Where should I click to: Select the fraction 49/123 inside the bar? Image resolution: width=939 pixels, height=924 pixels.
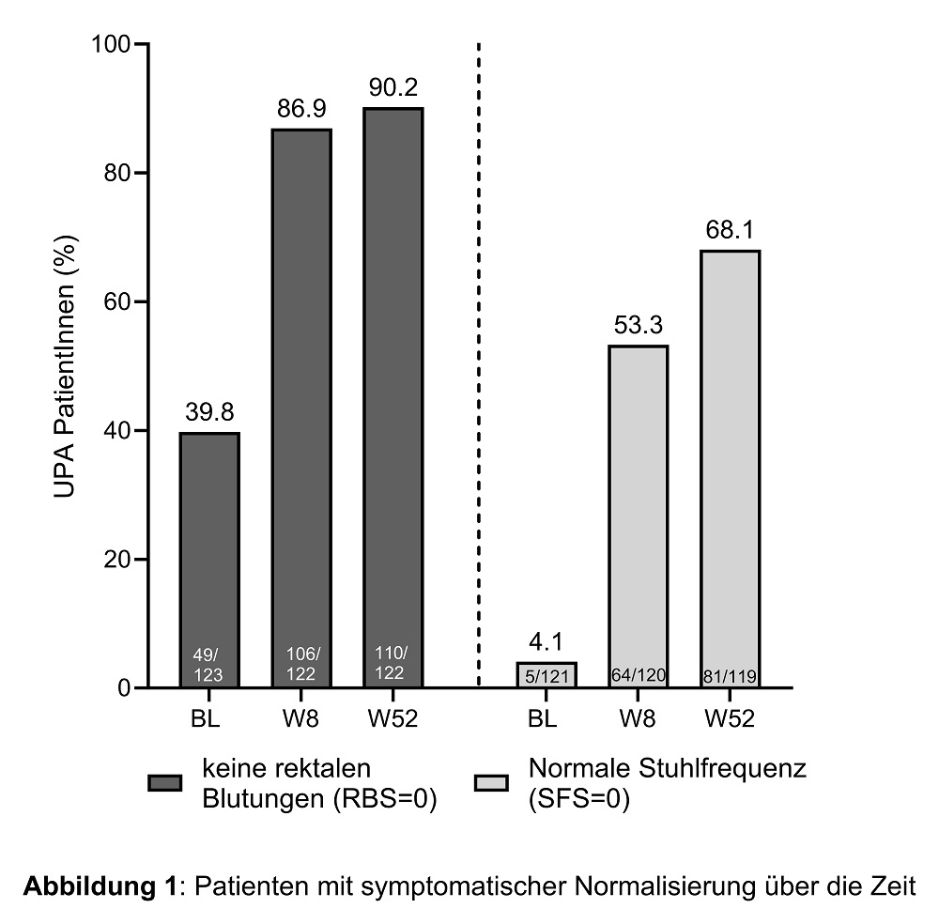pos(209,664)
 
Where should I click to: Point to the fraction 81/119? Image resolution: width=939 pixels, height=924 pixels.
pos(730,676)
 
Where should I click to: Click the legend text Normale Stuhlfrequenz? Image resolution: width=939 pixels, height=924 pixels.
pos(668,768)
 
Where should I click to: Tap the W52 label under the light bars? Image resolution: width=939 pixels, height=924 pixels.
pos(730,720)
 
